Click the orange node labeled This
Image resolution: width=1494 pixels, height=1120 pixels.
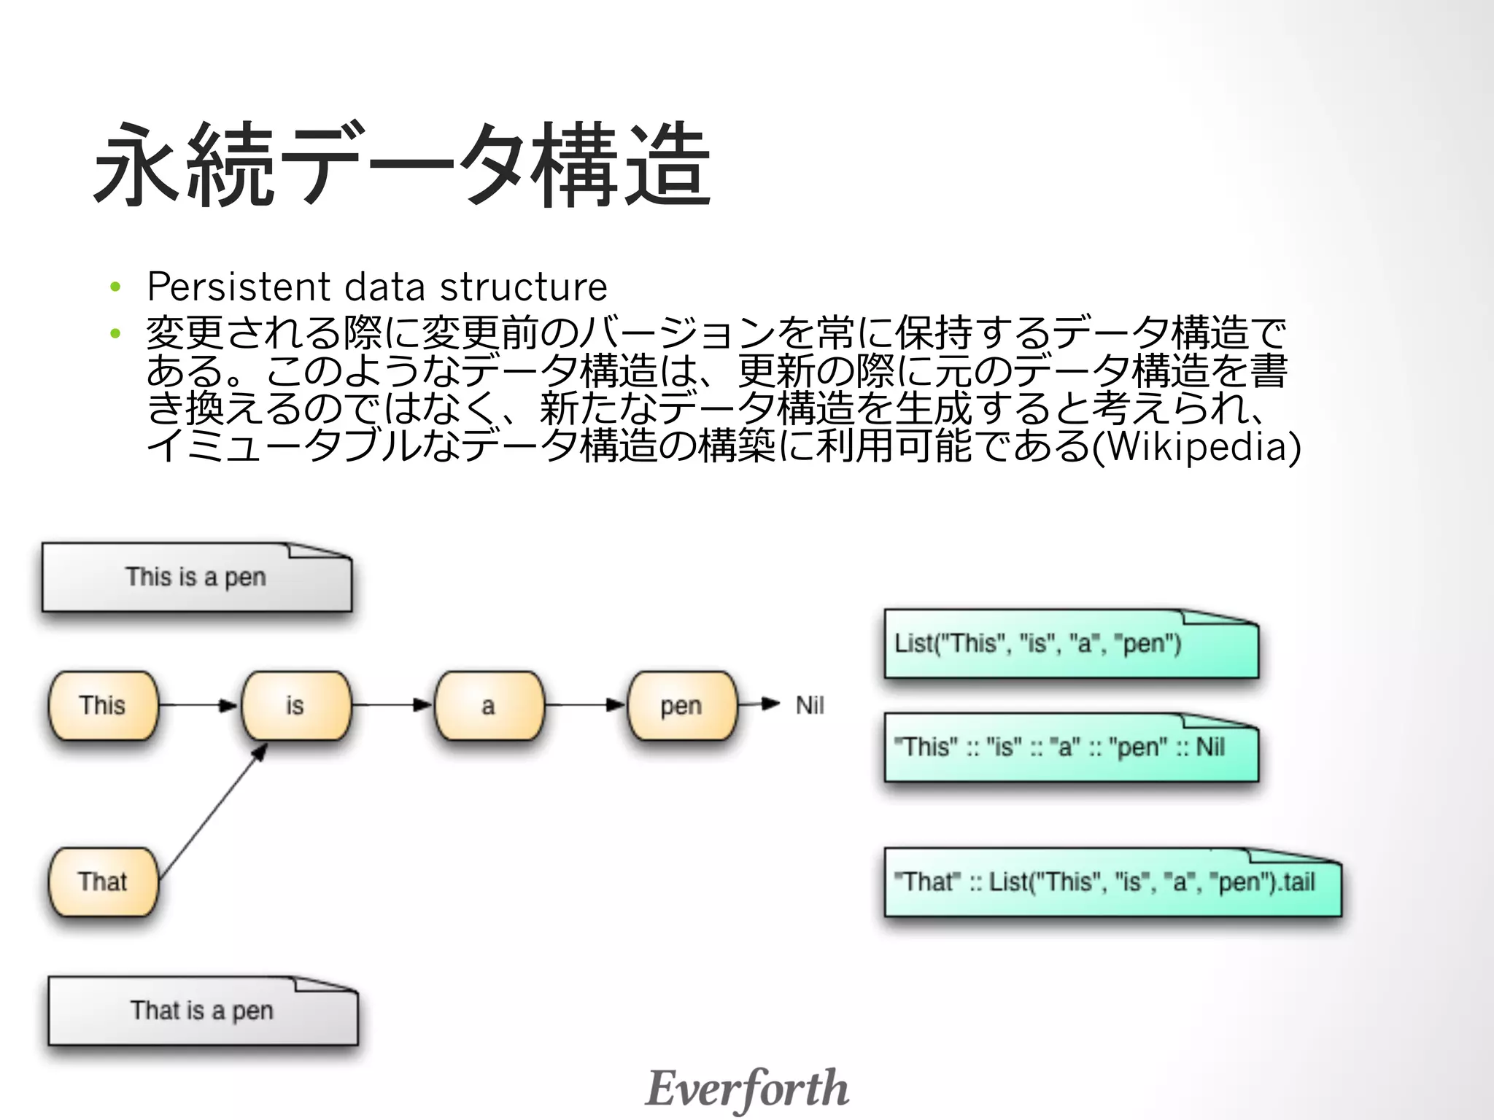pos(103,705)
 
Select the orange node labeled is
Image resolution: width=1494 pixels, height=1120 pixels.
pos(295,705)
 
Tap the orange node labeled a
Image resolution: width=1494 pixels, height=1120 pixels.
pos(489,705)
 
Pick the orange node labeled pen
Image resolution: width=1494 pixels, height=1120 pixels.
pos(681,705)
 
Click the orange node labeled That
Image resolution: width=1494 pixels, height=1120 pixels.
pos(103,882)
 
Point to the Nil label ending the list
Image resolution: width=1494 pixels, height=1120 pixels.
pos(810,705)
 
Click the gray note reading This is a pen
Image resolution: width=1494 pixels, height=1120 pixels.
pos(196,577)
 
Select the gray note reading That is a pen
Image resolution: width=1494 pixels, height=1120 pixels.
pos(202,1011)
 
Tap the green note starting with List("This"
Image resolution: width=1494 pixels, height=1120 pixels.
pos(1071,644)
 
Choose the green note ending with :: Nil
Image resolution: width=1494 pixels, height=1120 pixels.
pos(1071,747)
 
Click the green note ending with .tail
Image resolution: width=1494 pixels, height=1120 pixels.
pos(1112,882)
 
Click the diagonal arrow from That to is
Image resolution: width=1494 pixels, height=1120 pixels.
pos(212,811)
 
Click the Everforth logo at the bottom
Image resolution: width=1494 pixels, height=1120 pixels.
pos(747,1088)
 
